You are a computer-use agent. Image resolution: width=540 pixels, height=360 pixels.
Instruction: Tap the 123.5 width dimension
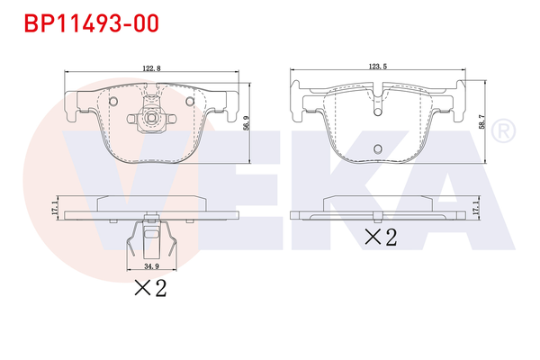point(377,66)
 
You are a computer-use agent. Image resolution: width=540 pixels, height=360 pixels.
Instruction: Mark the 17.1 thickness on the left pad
point(54,209)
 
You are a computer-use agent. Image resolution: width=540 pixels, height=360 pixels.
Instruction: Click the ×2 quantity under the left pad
point(151,289)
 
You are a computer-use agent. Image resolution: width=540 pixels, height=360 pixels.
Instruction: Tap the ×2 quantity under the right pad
point(380,238)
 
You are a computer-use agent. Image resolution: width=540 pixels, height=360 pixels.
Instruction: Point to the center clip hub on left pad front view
point(151,117)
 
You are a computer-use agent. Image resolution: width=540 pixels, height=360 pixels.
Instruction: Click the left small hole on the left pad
point(113,101)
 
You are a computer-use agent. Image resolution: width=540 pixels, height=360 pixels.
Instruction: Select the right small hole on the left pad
point(189,101)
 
